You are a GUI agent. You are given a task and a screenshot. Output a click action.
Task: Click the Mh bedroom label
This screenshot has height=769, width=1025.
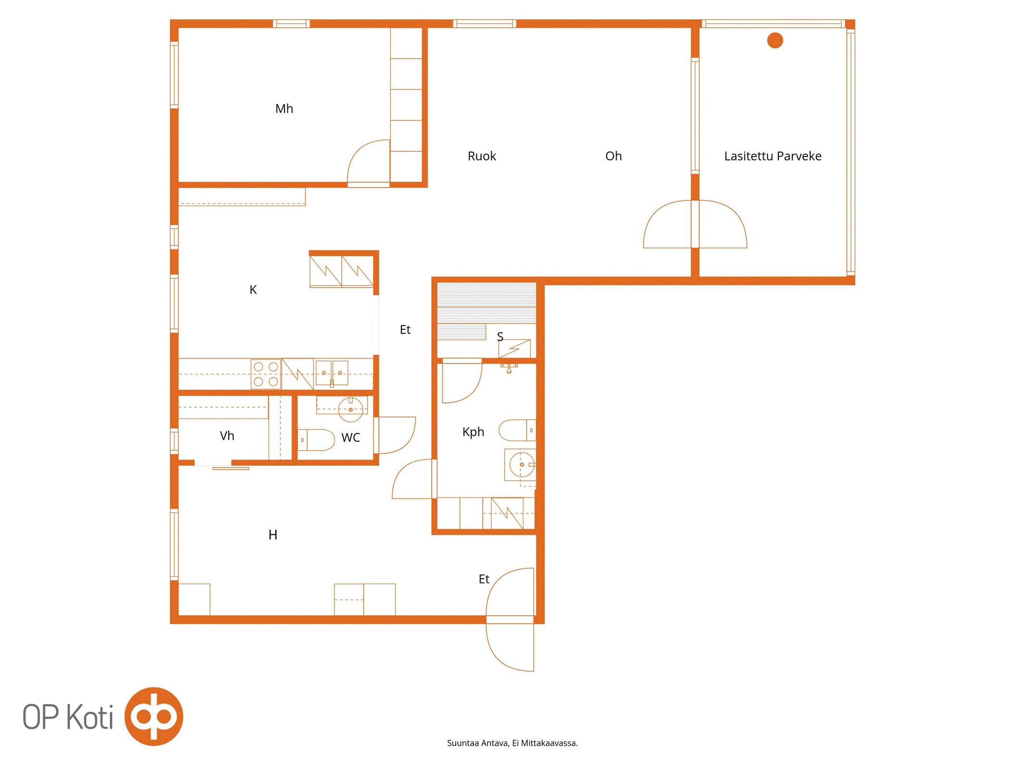[x=284, y=109]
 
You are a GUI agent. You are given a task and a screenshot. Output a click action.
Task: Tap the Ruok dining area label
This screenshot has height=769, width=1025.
[x=482, y=156]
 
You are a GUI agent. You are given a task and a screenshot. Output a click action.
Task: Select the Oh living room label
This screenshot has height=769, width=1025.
[x=613, y=156]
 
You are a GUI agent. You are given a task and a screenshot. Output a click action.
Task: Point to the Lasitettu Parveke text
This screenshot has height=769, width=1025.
[x=772, y=156]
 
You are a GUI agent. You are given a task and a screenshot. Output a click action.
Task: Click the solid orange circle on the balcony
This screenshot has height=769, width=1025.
[x=775, y=40]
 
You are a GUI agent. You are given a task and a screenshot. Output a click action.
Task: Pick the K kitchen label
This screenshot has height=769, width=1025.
[x=253, y=290]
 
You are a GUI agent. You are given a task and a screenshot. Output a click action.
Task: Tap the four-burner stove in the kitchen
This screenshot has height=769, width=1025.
[x=266, y=374]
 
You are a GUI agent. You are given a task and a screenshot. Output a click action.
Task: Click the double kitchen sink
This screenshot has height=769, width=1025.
[x=332, y=373]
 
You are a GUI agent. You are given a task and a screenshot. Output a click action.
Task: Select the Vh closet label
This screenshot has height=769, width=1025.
[x=227, y=436]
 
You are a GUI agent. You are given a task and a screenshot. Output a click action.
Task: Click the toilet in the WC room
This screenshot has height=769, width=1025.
[x=316, y=440]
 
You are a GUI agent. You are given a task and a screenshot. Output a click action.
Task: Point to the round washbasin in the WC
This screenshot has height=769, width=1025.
[x=350, y=409]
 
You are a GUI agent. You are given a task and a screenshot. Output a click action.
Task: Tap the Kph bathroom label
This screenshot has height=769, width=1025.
[x=473, y=432]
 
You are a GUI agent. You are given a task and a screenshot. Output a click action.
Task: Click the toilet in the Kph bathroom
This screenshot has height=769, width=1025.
[x=517, y=430]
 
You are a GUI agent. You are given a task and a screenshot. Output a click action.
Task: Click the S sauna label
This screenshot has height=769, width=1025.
[x=500, y=336]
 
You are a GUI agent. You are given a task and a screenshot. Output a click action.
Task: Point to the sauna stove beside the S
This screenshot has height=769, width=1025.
[x=514, y=348]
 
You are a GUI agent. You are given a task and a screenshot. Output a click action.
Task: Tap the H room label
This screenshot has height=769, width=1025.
[x=272, y=535]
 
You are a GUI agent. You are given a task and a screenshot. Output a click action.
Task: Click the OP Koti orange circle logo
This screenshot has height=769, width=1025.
[x=154, y=717]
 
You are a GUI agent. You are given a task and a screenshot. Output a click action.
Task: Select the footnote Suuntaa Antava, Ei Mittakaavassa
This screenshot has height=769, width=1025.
[x=512, y=743]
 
